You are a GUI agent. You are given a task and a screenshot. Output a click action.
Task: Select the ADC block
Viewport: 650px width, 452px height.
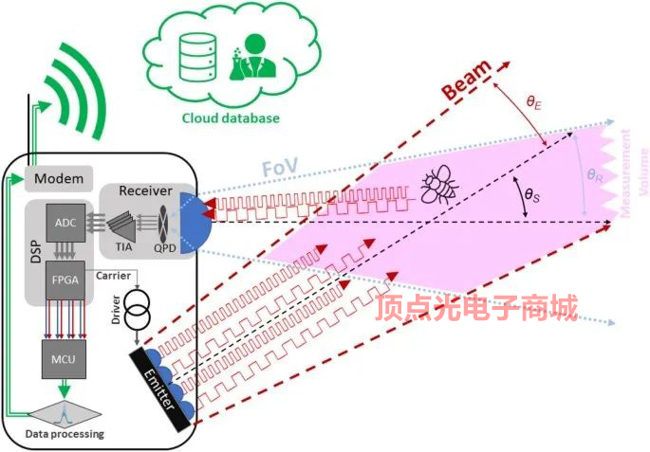pyautogui.click(x=65, y=223)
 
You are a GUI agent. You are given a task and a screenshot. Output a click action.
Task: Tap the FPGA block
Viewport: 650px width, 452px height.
pyautogui.click(x=65, y=280)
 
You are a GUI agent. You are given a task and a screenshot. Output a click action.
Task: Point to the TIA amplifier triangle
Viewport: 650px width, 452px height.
pyautogui.click(x=122, y=223)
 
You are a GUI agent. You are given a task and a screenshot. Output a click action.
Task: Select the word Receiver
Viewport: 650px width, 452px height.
pyautogui.click(x=145, y=191)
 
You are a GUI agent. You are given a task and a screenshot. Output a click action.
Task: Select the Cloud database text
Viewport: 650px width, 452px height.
pyautogui.click(x=232, y=118)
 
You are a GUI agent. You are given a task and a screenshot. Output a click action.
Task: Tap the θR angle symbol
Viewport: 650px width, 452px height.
pyautogui.click(x=594, y=175)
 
